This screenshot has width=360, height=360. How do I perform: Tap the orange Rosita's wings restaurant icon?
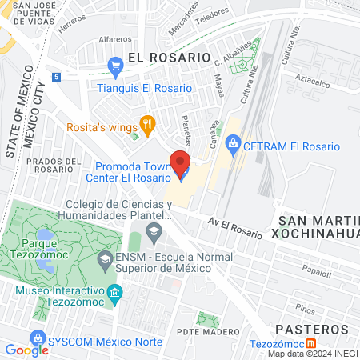pyautogui.click(x=146, y=123)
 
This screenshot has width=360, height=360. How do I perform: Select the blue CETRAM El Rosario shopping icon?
pyautogui.click(x=234, y=146)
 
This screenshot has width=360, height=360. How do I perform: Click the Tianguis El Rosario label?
pyautogui.click(x=144, y=88)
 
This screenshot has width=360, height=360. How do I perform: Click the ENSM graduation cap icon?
pyautogui.click(x=105, y=260)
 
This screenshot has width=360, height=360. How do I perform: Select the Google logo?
pyautogui.click(x=26, y=350)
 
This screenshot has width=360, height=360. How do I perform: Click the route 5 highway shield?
pyautogui.click(x=56, y=77)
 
